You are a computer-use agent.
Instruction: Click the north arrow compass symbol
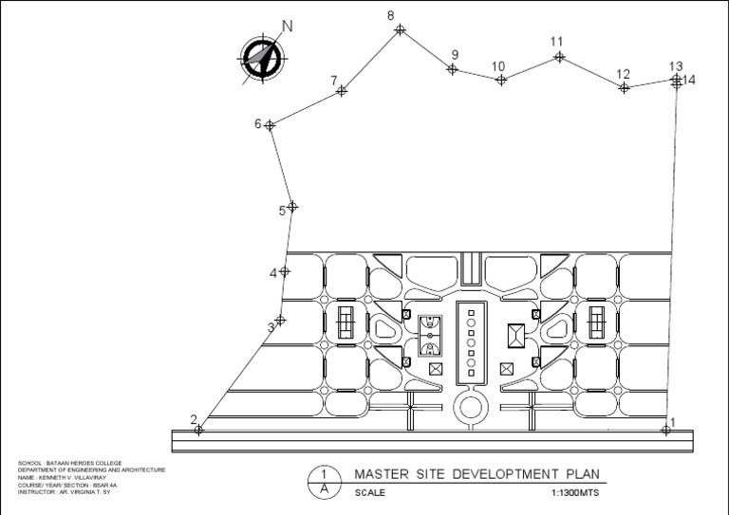pos(260,58)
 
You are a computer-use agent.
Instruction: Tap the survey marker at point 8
pos(400,30)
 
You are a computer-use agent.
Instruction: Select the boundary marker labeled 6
pos(271,124)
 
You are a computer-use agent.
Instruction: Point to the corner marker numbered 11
pos(559,57)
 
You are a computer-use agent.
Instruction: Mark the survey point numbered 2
pos(198,430)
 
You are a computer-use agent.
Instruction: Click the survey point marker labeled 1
pos(665,430)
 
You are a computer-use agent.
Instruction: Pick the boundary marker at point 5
pos(292,206)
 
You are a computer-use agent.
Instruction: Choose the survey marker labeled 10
pos(501,80)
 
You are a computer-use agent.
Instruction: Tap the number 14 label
pos(689,81)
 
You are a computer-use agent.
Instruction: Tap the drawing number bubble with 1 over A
pos(325,481)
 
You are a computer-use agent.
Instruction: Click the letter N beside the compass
pos(287,27)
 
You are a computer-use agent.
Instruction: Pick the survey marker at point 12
pos(624,87)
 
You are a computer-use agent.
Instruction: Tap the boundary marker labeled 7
pos(342,91)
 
